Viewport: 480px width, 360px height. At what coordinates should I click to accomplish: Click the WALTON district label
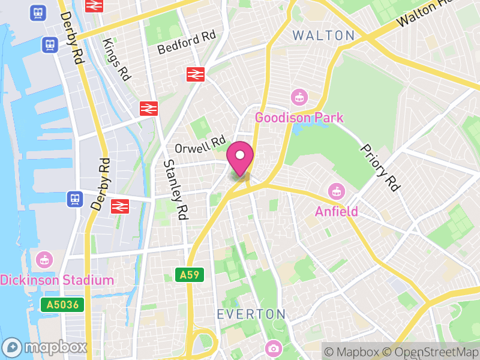pos(324,35)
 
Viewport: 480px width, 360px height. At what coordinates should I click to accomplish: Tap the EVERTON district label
pos(251,314)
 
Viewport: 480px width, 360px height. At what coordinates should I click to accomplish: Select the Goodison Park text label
pos(299,117)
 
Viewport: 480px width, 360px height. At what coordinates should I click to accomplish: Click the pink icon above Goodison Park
pos(298,97)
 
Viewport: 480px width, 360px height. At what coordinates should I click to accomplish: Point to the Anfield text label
pos(337,211)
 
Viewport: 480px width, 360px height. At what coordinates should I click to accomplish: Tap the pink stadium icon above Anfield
pos(337,192)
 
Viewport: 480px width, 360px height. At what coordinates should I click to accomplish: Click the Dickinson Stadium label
pos(57,280)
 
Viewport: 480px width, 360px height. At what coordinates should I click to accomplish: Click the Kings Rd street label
pos(116,60)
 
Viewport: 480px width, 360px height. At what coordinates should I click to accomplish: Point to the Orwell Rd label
pos(199,144)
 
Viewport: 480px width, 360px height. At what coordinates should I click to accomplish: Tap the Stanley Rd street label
pos(173,188)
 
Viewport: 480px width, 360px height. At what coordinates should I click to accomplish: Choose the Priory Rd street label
pos(379,167)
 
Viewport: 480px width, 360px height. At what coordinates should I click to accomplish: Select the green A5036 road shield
pos(62,304)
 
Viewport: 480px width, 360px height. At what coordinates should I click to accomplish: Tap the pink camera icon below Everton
pos(273,348)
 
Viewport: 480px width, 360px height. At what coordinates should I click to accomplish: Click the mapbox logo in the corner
pos(45,347)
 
